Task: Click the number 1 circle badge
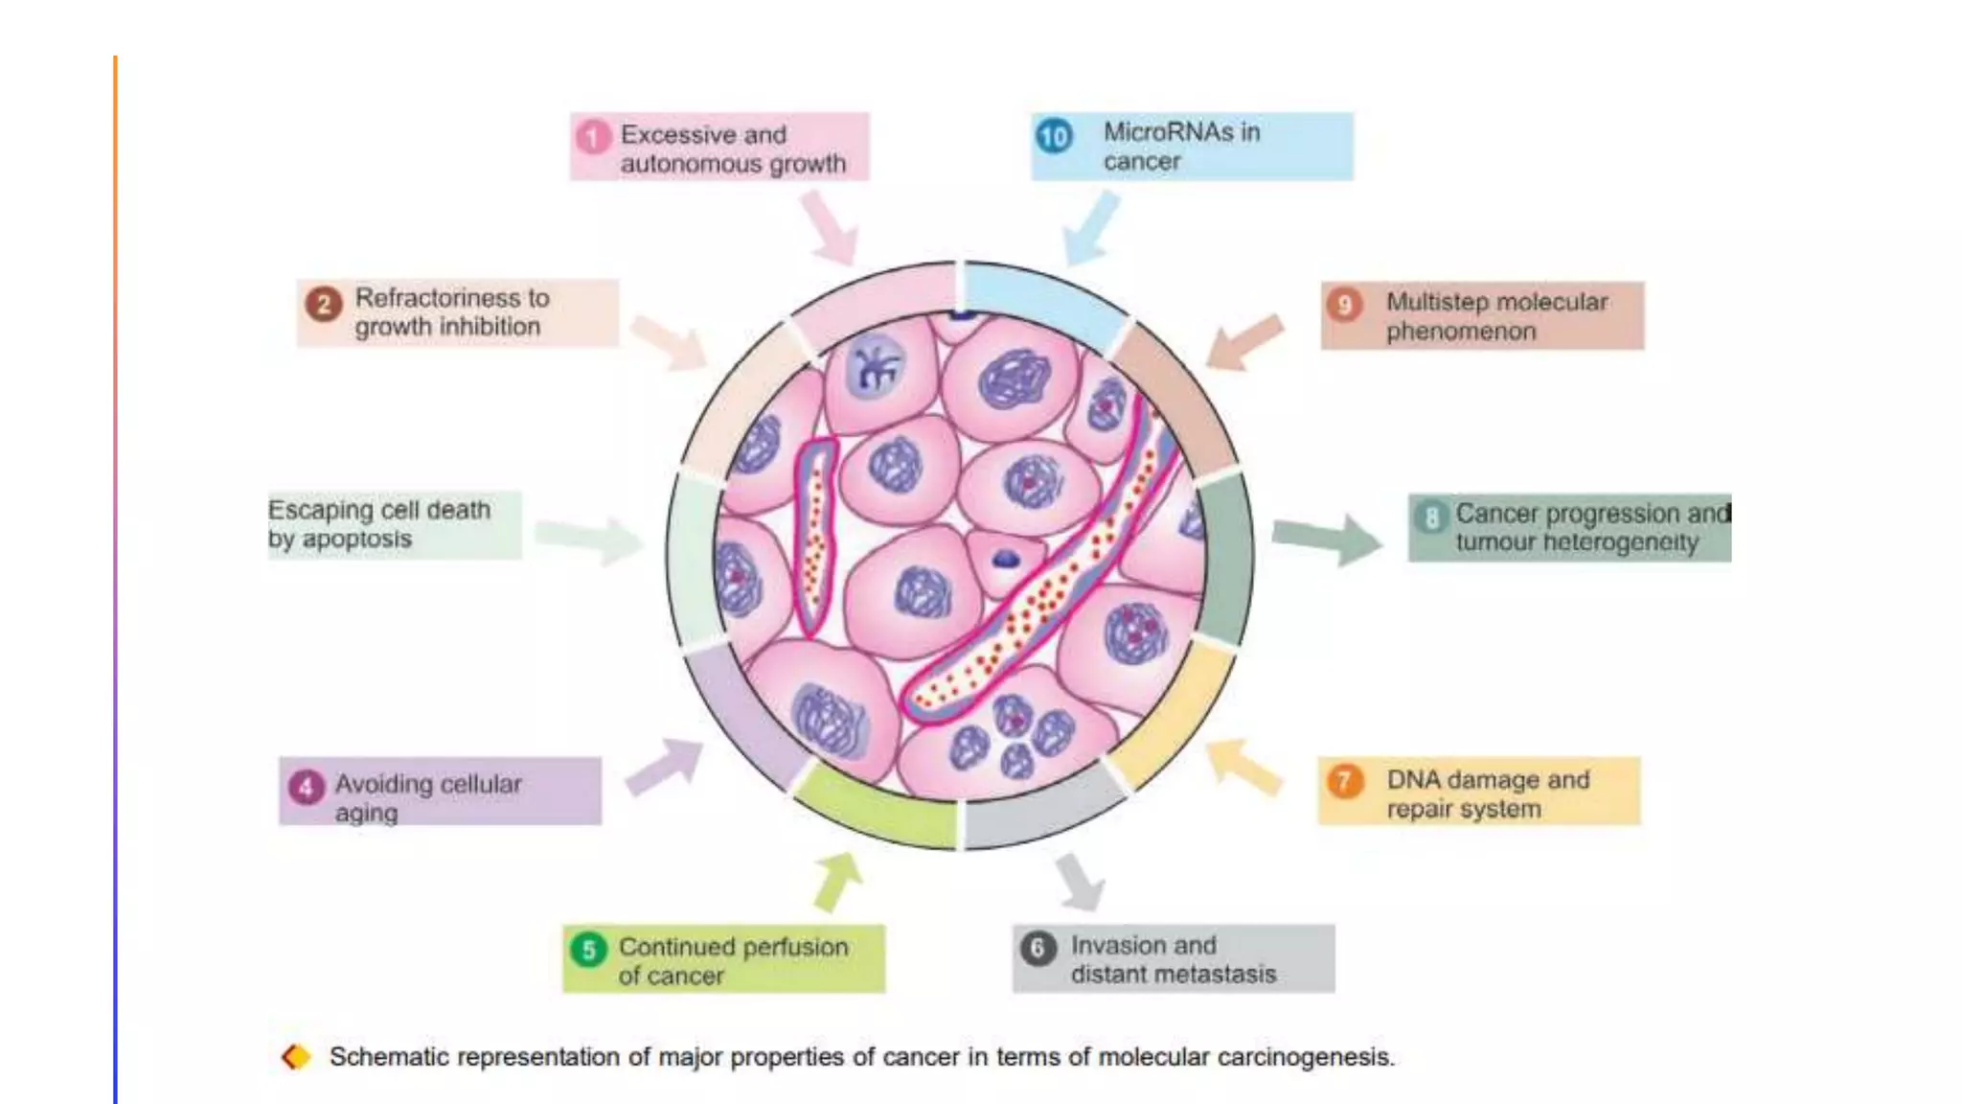click(593, 137)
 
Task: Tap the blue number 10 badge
click(1054, 136)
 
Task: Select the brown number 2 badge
click(324, 305)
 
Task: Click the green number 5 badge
click(588, 949)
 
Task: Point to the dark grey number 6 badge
click(1038, 948)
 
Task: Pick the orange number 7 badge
click(1344, 781)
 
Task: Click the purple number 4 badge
click(306, 788)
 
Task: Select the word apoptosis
click(356, 540)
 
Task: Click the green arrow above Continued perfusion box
click(837, 880)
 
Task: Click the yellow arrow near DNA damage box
click(1243, 767)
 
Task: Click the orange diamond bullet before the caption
click(296, 1057)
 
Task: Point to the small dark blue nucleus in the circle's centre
click(1005, 559)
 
